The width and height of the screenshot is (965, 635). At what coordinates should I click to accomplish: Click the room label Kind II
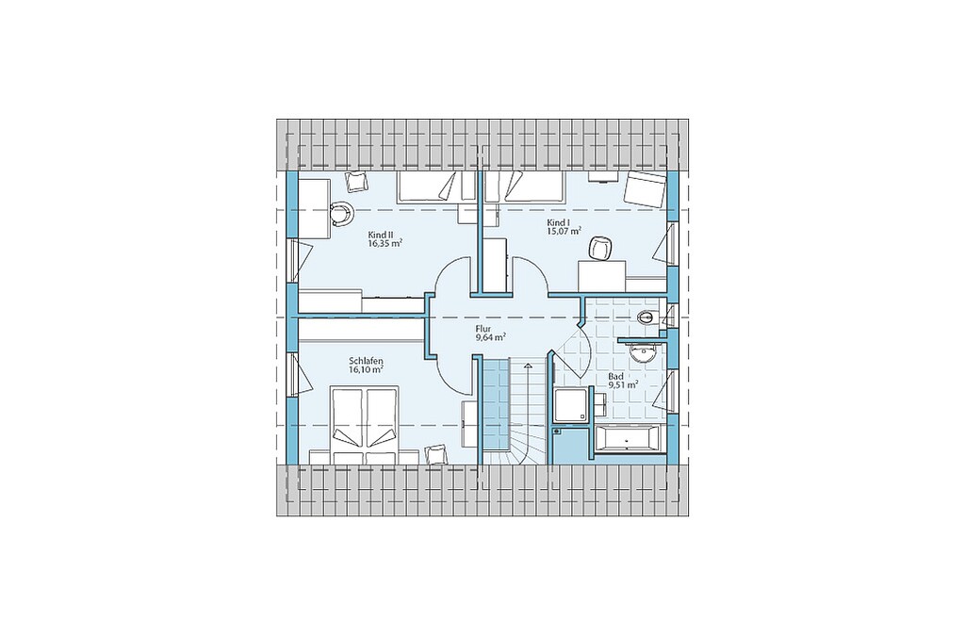(x=381, y=235)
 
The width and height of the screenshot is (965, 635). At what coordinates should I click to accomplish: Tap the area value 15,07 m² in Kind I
(x=564, y=232)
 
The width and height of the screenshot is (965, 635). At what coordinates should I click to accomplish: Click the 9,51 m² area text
(x=622, y=384)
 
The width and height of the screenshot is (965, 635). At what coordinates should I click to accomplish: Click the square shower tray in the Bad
(x=571, y=405)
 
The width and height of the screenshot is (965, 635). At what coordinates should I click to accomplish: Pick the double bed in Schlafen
(x=365, y=425)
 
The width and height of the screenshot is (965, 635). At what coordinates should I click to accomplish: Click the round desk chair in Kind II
(x=341, y=213)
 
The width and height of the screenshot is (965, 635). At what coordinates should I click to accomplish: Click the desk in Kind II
(x=315, y=207)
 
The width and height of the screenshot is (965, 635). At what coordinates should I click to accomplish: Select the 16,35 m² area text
(x=384, y=244)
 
